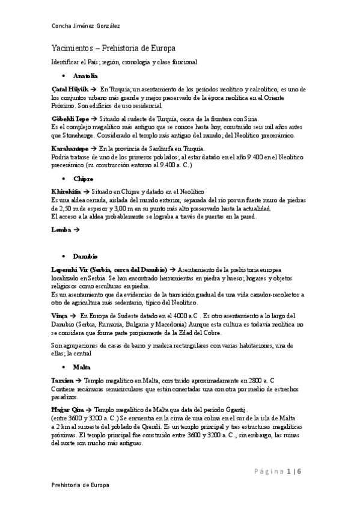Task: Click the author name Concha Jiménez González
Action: click(x=85, y=25)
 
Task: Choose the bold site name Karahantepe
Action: click(x=70, y=148)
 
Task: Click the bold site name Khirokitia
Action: click(x=67, y=191)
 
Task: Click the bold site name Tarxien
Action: click(x=63, y=380)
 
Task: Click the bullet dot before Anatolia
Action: click(x=64, y=77)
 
